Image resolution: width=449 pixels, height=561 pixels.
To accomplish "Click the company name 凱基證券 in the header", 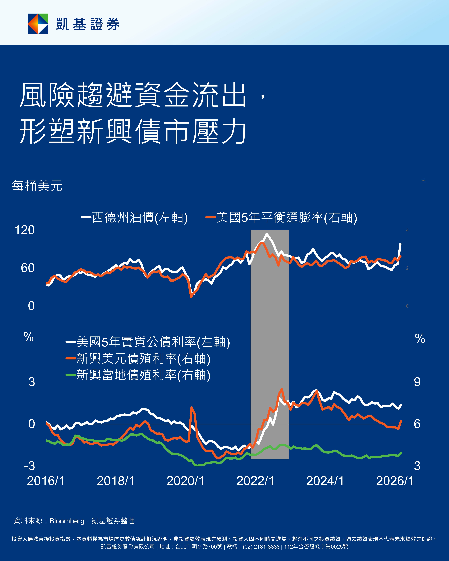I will click(88, 24).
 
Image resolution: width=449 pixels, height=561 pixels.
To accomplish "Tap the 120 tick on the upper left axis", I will click(25, 230).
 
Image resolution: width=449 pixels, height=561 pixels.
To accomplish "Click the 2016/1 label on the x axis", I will click(46, 481).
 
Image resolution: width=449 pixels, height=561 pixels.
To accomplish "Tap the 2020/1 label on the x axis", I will click(185, 481).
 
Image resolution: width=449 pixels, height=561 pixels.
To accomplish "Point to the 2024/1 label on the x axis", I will click(325, 481).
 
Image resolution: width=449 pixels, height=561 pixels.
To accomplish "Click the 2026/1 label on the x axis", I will click(395, 481).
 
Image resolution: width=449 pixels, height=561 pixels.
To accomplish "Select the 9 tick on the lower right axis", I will click(417, 382).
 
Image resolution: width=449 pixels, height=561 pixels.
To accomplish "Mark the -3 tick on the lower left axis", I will click(29, 466).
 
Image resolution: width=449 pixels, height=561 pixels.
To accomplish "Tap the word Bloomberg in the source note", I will click(67, 521).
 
